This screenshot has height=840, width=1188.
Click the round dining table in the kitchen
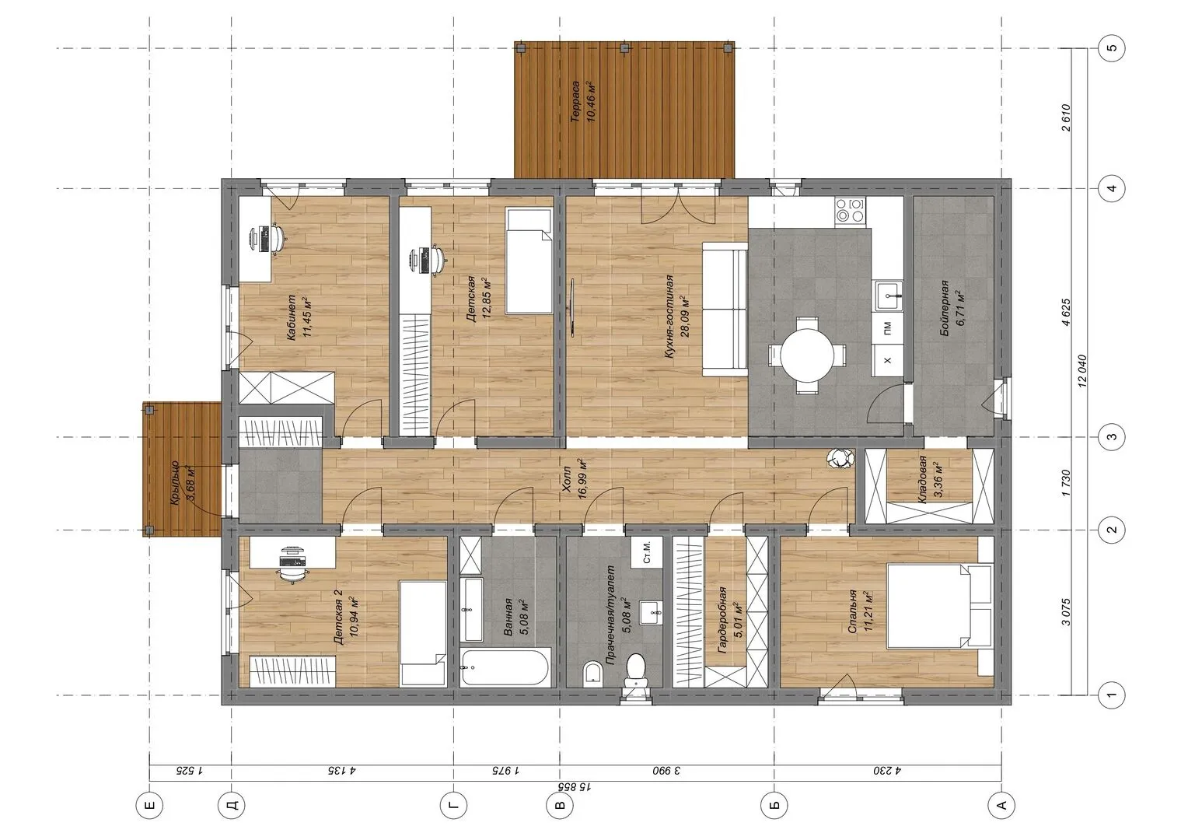(x=806, y=355)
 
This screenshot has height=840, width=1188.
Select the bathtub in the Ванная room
(x=505, y=667)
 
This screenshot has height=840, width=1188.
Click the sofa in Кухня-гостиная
(x=725, y=310)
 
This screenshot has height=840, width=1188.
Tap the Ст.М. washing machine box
(x=647, y=552)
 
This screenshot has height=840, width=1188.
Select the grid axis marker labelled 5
(x=1113, y=47)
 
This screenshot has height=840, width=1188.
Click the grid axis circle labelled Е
(x=149, y=806)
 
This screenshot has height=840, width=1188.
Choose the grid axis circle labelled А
(x=1001, y=806)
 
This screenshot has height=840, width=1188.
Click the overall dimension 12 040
(x=1082, y=371)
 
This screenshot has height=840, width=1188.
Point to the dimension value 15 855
(x=575, y=787)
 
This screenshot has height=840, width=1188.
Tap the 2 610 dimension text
(x=1067, y=117)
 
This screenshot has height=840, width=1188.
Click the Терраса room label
(x=575, y=102)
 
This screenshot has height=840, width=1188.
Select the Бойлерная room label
(x=945, y=308)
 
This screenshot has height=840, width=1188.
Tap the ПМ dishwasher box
(x=887, y=328)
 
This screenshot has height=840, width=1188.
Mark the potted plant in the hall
(x=840, y=458)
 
